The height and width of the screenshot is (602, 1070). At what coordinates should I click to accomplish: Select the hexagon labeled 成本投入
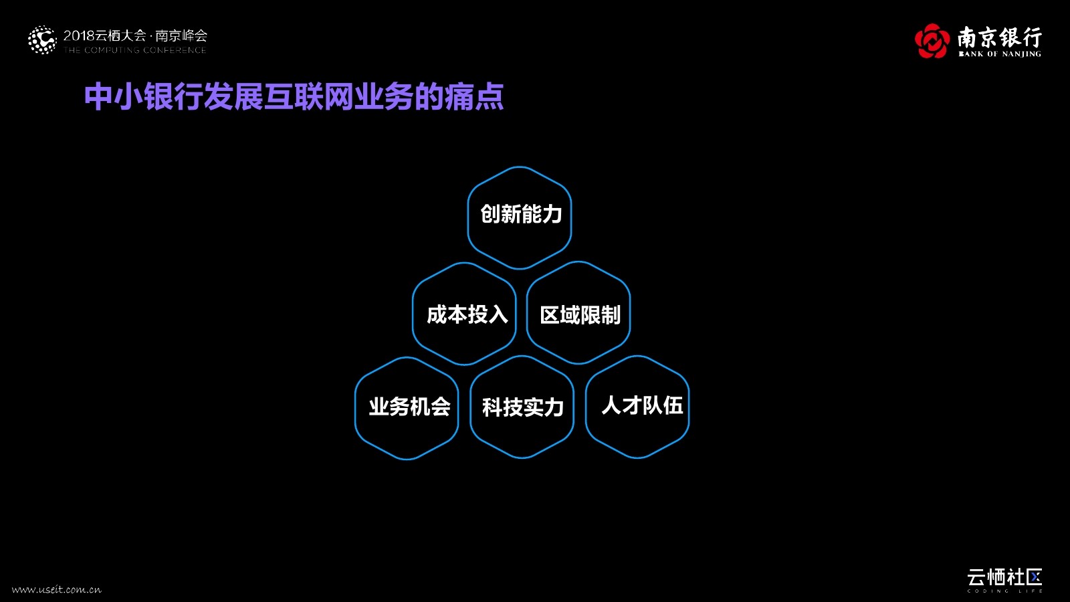point(464,314)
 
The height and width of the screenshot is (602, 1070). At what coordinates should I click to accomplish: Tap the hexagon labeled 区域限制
point(578,313)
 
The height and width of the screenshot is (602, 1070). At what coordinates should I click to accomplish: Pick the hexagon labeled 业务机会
point(407,408)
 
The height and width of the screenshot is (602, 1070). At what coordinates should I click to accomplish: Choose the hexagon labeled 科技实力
point(522,407)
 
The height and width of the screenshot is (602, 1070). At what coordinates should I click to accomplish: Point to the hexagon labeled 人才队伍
point(637,407)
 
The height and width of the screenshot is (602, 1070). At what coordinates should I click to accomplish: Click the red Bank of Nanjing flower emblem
point(932,41)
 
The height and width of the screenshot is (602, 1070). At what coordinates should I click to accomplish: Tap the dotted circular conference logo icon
point(42,40)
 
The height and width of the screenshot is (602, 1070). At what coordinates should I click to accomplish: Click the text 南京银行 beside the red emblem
point(999,36)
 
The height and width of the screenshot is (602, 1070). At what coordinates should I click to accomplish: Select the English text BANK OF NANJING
point(1000,54)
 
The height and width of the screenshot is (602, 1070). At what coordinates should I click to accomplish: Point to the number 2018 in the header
point(79,35)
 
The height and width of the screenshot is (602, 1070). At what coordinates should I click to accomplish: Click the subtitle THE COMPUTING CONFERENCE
point(135,50)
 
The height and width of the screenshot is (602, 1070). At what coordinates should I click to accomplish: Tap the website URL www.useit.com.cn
point(57,589)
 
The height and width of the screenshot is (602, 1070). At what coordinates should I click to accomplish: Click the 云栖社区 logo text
point(1004,577)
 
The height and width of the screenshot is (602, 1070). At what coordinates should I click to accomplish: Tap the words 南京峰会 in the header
point(181,35)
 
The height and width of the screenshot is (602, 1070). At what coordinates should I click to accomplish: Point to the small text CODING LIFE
point(1004,591)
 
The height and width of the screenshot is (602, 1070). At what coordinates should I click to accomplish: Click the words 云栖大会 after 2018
point(120,35)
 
